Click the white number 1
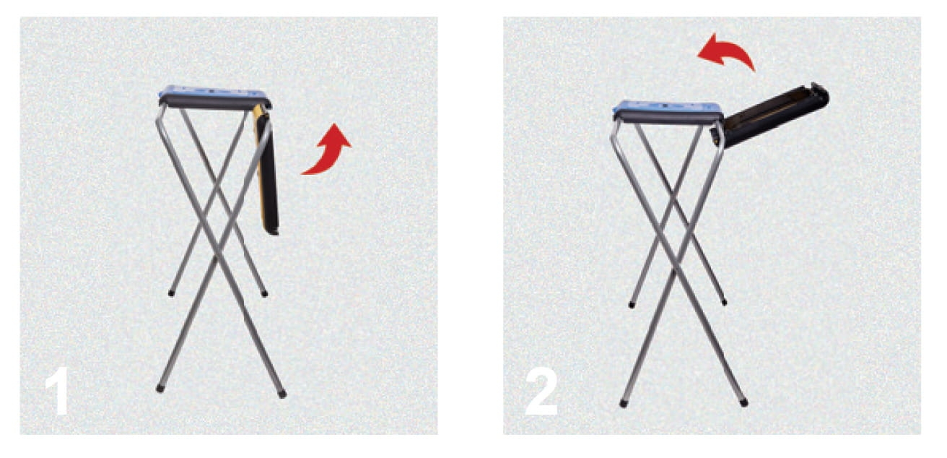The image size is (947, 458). (57, 391)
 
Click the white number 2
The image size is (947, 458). (541, 391)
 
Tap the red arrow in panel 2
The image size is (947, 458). (726, 51)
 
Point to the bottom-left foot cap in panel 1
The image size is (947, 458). (160, 388)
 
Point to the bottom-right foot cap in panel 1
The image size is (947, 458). (282, 394)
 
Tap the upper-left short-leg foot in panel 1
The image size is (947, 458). (171, 293)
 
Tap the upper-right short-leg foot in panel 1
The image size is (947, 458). (264, 293)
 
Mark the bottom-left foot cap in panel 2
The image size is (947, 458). (623, 403)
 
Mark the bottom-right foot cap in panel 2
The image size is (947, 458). (743, 402)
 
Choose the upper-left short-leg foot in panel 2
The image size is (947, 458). (632, 304)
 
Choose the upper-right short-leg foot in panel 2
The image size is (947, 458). (724, 302)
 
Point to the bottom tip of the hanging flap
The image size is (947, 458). (272, 232)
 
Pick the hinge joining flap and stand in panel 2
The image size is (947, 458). (717, 134)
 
